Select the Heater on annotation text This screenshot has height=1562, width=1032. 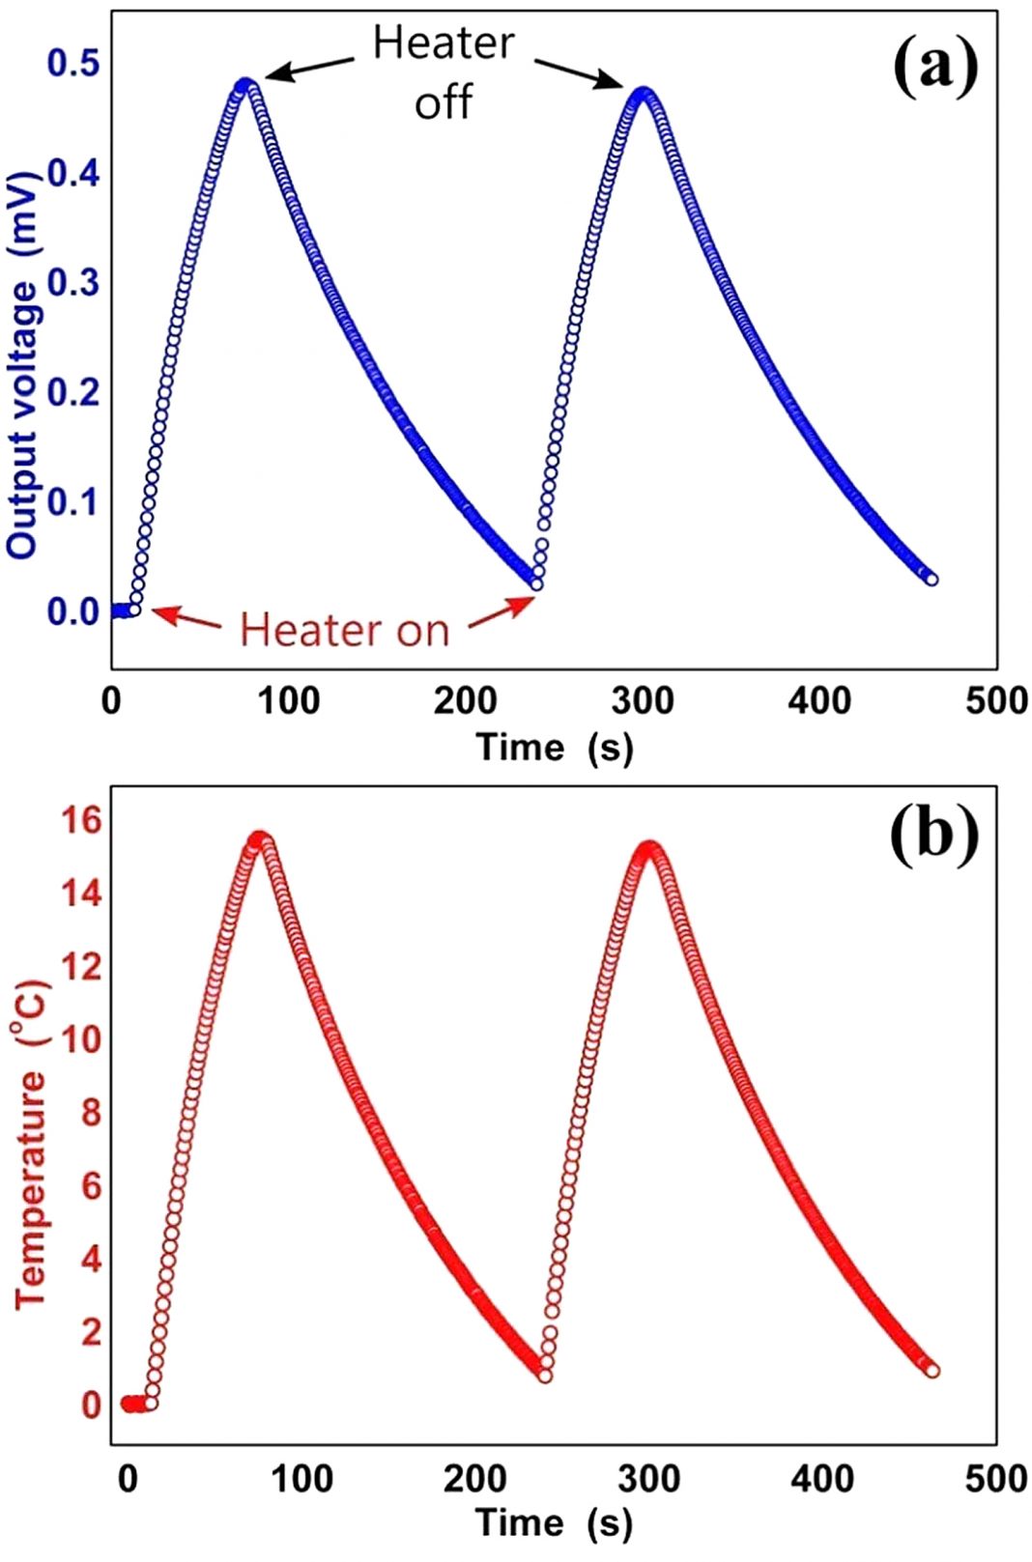click(345, 630)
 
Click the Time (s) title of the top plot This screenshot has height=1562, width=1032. click(555, 747)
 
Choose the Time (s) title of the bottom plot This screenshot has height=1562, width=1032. click(555, 1522)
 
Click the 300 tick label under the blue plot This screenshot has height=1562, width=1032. click(643, 700)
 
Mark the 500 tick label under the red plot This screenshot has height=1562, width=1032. click(996, 1478)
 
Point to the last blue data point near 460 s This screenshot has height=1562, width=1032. click(931, 579)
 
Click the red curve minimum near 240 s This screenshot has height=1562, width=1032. click(544, 1374)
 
